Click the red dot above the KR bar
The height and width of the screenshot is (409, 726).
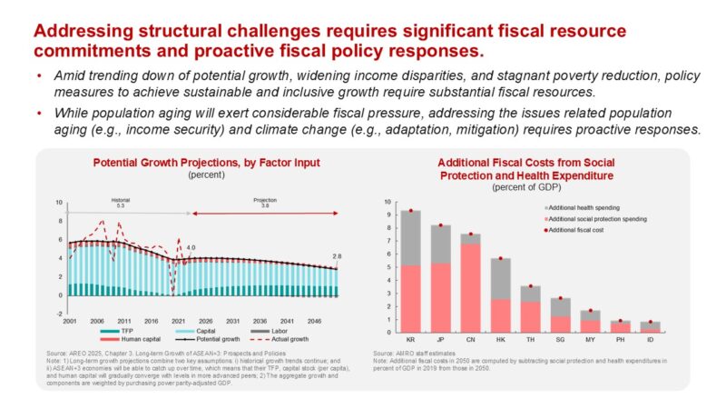pyautogui.click(x=411, y=211)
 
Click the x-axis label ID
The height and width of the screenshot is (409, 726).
pyautogui.click(x=650, y=341)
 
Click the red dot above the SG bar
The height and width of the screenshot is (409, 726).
pyautogui.click(x=561, y=298)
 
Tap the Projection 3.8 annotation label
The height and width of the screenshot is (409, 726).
pyautogui.click(x=266, y=202)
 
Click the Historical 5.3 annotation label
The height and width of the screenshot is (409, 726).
pyautogui.click(x=121, y=202)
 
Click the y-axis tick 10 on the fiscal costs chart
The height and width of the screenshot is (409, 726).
pyautogui.click(x=388, y=203)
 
